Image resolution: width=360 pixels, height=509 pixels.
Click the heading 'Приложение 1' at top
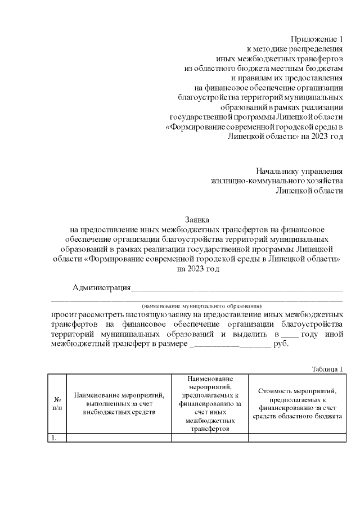(x=316, y=39)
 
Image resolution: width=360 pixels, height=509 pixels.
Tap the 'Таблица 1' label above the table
(x=327, y=368)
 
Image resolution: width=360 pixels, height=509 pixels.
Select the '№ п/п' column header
(x=57, y=403)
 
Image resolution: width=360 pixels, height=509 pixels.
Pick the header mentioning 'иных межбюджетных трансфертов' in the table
(x=210, y=403)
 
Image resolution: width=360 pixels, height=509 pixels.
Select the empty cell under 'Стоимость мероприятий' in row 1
(x=297, y=438)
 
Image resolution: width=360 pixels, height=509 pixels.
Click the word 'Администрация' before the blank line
(x=101, y=288)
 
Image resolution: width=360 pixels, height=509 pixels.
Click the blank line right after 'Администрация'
(x=236, y=290)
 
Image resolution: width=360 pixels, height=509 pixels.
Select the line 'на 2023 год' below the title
(x=197, y=269)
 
